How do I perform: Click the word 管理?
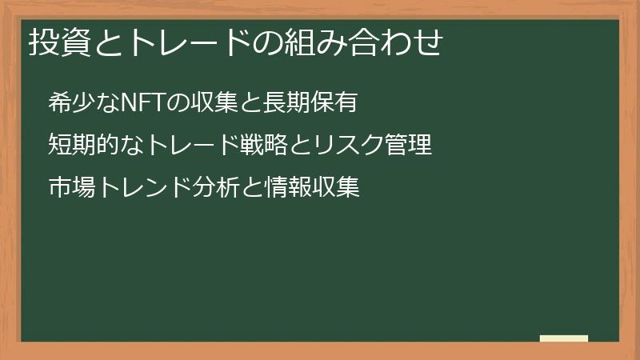pos(409,146)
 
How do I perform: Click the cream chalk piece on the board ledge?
pos(564,338)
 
